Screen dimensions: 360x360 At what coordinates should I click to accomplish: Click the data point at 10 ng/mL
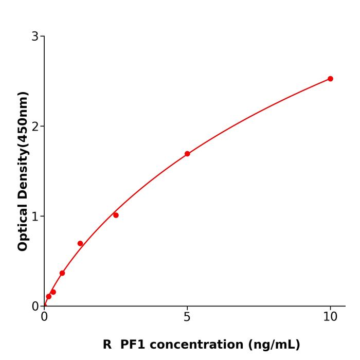[330, 79]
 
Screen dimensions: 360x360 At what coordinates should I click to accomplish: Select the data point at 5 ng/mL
[187, 154]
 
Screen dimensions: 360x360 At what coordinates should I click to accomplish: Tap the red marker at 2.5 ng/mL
[116, 215]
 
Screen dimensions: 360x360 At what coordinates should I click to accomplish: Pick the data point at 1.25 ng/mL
[80, 243]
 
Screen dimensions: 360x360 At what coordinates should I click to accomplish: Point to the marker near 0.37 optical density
[62, 273]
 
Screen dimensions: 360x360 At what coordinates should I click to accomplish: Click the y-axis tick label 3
[35, 36]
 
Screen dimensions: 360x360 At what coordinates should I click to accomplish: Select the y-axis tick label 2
[35, 126]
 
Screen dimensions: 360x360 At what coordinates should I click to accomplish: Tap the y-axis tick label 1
[35, 216]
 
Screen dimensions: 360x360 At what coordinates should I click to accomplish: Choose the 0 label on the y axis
[35, 306]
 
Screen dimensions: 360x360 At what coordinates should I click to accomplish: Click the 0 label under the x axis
[44, 317]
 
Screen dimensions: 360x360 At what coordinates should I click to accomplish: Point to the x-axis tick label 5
[187, 317]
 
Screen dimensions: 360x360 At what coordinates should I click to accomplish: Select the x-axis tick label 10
[330, 317]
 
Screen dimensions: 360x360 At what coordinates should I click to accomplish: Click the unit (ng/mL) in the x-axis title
[275, 345]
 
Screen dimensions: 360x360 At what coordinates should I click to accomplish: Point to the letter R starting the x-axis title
[107, 345]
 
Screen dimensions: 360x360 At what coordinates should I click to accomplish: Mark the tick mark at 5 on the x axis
[187, 308]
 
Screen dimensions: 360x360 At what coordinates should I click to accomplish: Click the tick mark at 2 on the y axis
[42, 126]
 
